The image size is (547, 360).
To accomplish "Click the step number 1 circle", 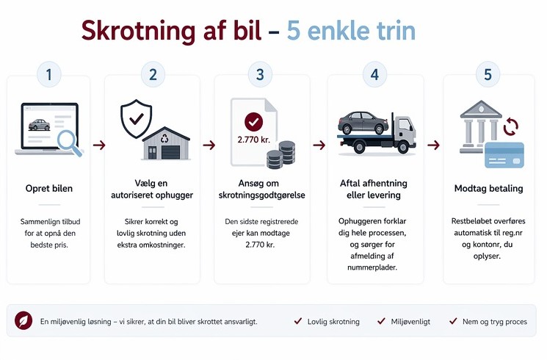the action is tap(49, 74).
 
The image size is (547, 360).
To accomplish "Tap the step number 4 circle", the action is tap(374, 74).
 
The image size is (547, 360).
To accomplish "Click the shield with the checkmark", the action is tap(136, 119).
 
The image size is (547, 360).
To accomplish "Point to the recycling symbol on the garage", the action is tap(164, 139).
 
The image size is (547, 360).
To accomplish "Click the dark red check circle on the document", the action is tap(253, 122).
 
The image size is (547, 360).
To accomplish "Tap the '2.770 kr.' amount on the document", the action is tap(254, 140).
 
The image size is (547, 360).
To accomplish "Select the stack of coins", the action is tap(280, 155).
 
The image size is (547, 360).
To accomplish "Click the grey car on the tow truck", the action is tap(363, 123).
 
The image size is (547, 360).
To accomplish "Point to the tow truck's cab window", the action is tap(405, 124).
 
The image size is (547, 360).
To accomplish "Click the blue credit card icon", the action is tap(504, 155).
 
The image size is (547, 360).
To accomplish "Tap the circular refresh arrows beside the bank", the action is tap(511, 126).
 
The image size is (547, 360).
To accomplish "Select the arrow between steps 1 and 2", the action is tap(99, 145).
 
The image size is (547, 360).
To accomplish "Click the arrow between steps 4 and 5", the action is tap(433, 145).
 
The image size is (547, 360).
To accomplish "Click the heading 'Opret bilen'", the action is tap(49, 189).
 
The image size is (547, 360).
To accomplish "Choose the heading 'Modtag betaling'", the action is tap(488, 189).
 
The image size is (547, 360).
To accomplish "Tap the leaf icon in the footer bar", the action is tap(23, 320).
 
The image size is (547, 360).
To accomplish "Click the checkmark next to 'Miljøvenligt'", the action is tap(381, 321).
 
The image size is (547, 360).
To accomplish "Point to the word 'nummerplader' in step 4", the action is tap(372, 268).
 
